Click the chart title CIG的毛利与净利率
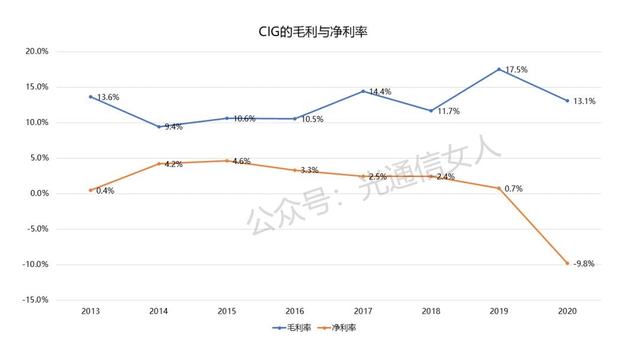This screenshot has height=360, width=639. point(313,33)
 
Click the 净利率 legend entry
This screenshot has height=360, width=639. point(337,327)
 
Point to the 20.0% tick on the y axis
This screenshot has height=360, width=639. point(36,52)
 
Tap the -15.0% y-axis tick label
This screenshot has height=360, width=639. point(35,300)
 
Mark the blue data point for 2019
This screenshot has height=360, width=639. point(499,69)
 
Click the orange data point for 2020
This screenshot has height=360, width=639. point(567,263)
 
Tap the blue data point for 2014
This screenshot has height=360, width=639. point(159,127)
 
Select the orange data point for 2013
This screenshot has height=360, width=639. point(91,190)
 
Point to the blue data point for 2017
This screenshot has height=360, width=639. point(363,91)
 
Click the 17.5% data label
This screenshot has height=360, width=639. point(516,70)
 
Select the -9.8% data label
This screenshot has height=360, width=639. point(584,263)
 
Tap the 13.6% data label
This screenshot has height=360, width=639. point(108,97)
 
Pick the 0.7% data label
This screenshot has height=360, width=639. point(513,189)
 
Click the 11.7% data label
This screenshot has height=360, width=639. point(448,111)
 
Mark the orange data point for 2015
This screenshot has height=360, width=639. point(227,160)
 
